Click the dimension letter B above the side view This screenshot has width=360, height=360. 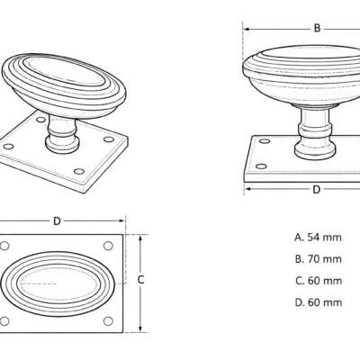[x=317, y=28]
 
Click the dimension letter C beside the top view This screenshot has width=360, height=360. [x=141, y=280]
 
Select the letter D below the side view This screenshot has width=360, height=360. [x=317, y=190]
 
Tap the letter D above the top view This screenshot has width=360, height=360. [x=57, y=221]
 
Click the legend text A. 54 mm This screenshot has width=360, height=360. [x=318, y=238]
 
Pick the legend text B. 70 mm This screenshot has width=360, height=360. [x=319, y=259]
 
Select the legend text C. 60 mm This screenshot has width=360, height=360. [x=319, y=281]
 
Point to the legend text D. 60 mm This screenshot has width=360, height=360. [x=319, y=302]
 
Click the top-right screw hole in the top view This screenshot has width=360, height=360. [x=108, y=246]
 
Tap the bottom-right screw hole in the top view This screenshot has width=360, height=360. [x=108, y=321]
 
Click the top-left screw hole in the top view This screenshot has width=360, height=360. [x=4, y=246]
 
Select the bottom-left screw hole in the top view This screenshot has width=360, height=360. [x=4, y=321]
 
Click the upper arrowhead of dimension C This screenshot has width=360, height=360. [x=139, y=238]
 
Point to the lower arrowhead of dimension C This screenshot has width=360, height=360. [x=139, y=328]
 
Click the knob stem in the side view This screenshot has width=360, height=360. [x=315, y=132]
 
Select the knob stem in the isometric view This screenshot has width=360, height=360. [x=62, y=135]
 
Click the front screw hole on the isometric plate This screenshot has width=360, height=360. [x=79, y=172]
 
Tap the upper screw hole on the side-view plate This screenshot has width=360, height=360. [x=265, y=140]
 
